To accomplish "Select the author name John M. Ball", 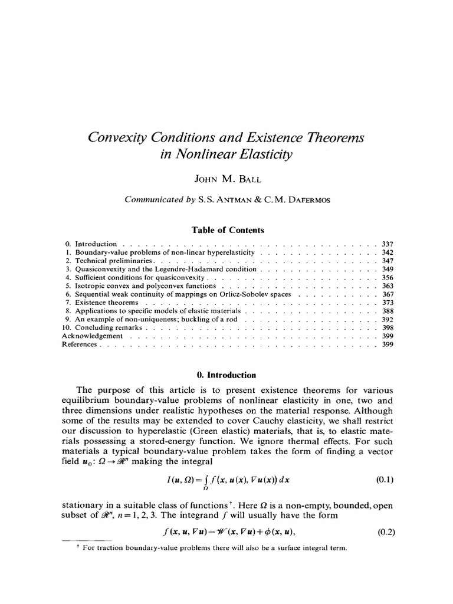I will pos(226,179).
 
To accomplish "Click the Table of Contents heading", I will pos(226,230).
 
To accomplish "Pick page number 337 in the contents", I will pos(388,244).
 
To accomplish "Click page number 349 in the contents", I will pos(388,268).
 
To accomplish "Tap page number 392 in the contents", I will pos(388,319).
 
